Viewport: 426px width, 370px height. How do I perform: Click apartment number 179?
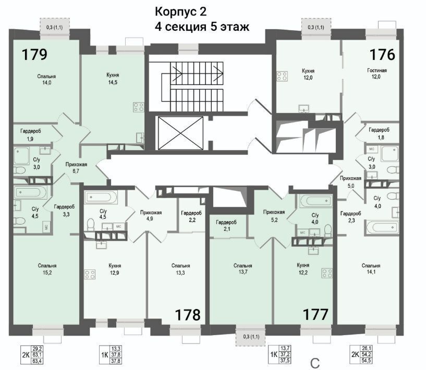pos(34,54)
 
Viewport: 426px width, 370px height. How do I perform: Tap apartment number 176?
pos(382,54)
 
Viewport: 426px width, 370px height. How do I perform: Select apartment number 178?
pos(188,315)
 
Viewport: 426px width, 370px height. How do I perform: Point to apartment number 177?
pos(315,315)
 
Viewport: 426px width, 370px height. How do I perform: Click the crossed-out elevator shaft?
pos(180,133)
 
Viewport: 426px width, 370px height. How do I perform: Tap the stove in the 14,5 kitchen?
pos(138,107)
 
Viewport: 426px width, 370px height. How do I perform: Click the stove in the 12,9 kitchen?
pos(90,274)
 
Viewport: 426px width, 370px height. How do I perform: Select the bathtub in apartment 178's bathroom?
pos(101,197)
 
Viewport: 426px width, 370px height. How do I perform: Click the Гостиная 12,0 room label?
pos(376,73)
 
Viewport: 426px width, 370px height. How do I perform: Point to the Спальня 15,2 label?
pos(47,269)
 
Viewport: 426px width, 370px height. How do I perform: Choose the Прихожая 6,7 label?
pos(76,167)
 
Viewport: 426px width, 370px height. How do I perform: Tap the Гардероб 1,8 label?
pos(379,133)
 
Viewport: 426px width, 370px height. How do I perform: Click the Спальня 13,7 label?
pos(243,269)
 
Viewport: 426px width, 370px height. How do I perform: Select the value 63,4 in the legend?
pos(36,361)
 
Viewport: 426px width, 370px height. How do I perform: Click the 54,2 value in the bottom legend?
pos(367,354)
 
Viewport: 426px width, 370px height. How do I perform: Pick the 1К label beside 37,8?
pos(105,354)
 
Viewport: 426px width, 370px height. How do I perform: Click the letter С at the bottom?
pos(315,363)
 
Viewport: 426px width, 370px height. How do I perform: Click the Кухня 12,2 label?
pos(303,268)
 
